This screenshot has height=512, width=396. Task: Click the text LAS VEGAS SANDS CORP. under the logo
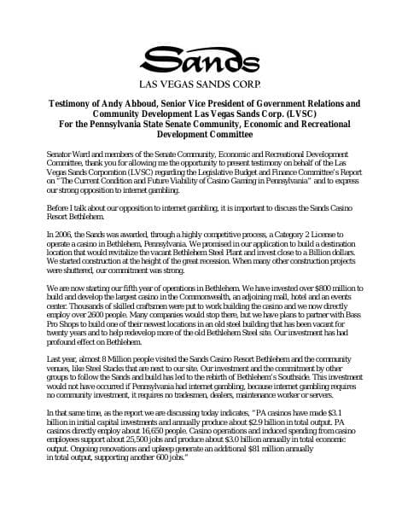[x=198, y=84]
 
